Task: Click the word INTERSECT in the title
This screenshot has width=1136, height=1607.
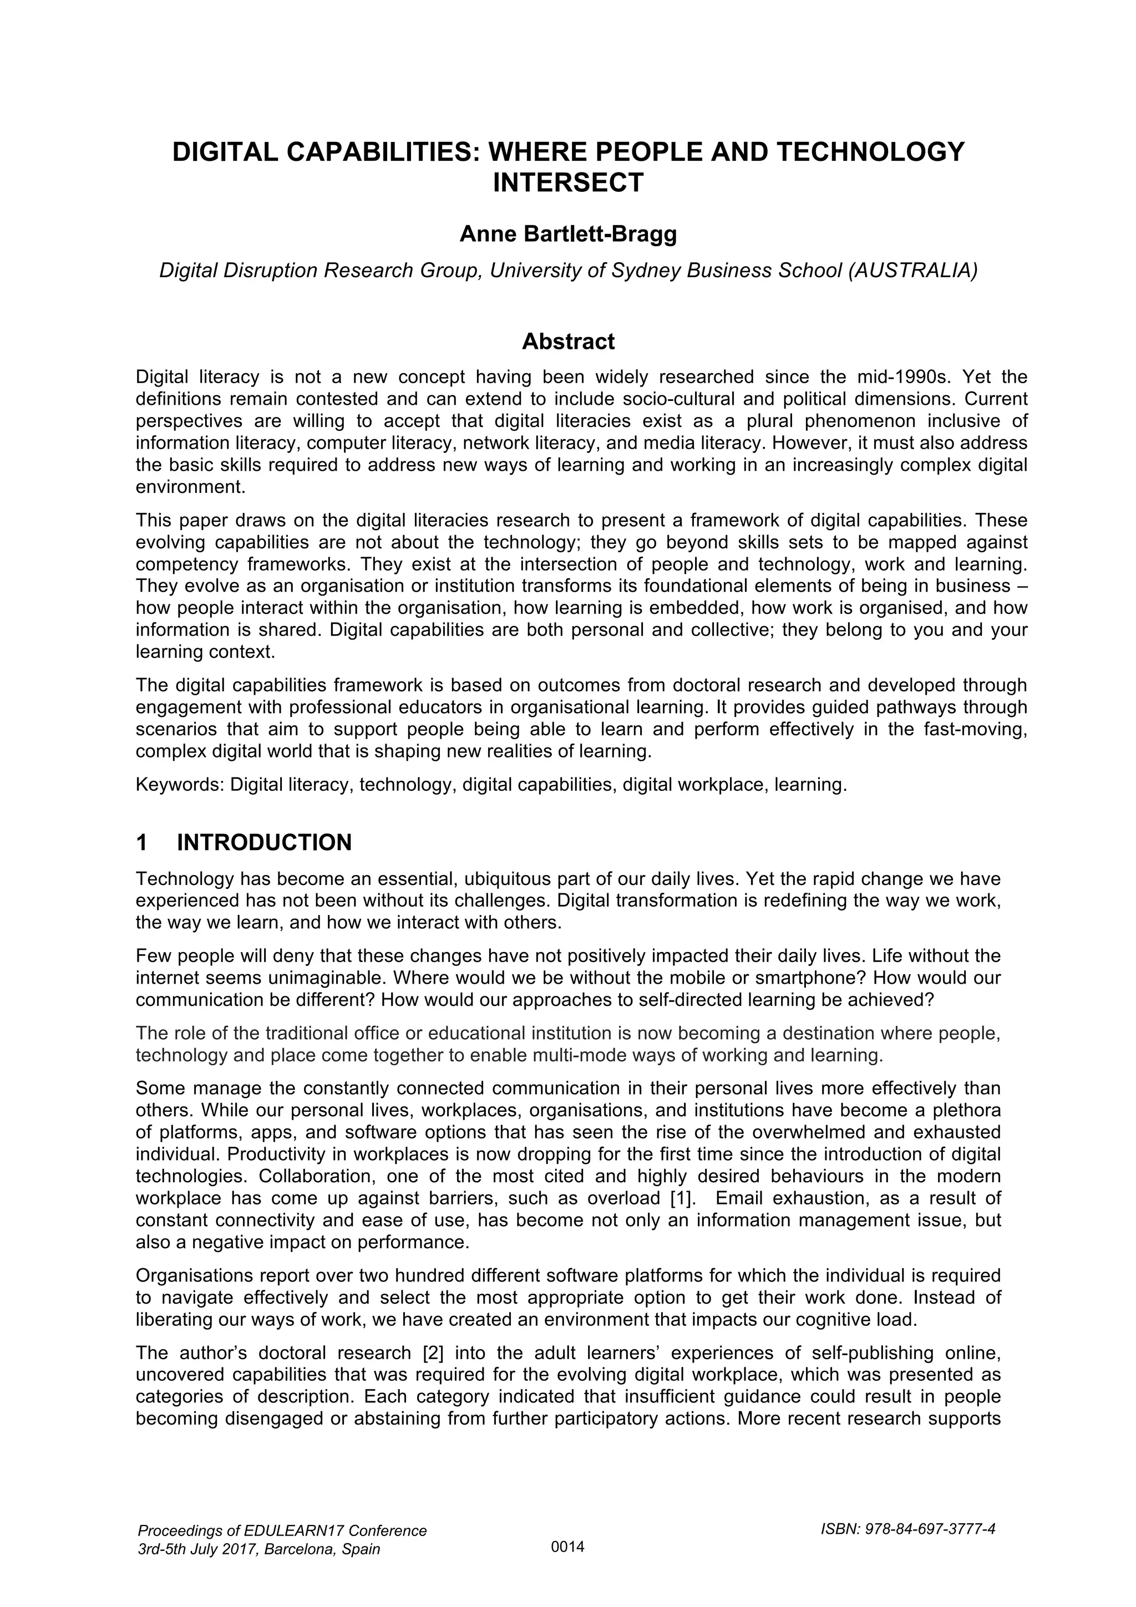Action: point(567,182)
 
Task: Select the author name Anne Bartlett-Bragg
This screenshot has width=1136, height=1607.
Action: point(567,235)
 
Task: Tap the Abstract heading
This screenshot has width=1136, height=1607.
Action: point(567,342)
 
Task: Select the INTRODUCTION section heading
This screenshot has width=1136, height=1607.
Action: point(264,843)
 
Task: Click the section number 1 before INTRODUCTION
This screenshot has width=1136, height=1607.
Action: point(142,843)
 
